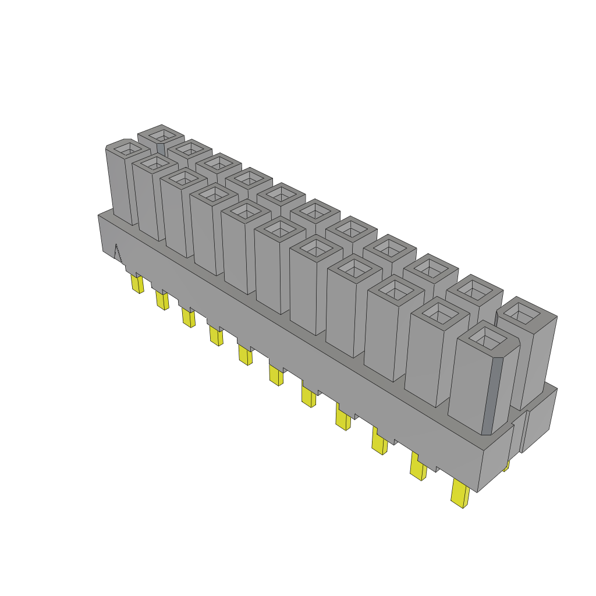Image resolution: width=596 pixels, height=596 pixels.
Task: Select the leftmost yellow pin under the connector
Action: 137,284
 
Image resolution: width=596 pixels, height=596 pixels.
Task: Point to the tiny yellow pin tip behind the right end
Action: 506,465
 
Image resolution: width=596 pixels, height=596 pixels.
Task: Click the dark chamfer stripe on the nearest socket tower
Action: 493,396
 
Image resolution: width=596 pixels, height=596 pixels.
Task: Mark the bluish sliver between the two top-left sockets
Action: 161,149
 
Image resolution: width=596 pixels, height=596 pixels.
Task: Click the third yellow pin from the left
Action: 188,318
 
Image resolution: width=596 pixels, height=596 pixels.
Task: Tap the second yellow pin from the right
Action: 418,467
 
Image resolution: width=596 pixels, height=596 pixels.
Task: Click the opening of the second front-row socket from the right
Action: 440,314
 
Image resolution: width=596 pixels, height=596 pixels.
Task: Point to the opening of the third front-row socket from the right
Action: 397,291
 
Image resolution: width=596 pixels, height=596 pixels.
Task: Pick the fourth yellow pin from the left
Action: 216,336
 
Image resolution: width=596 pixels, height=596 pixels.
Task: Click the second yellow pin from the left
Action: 162,300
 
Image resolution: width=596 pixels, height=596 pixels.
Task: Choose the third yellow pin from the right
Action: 379,443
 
